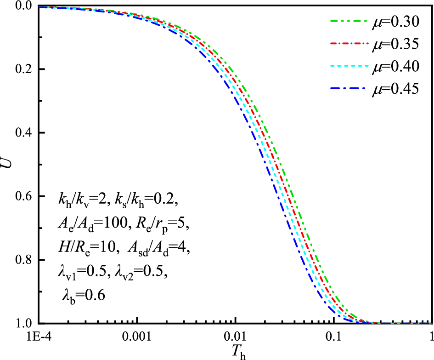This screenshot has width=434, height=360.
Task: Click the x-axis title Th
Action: (x=236, y=352)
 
